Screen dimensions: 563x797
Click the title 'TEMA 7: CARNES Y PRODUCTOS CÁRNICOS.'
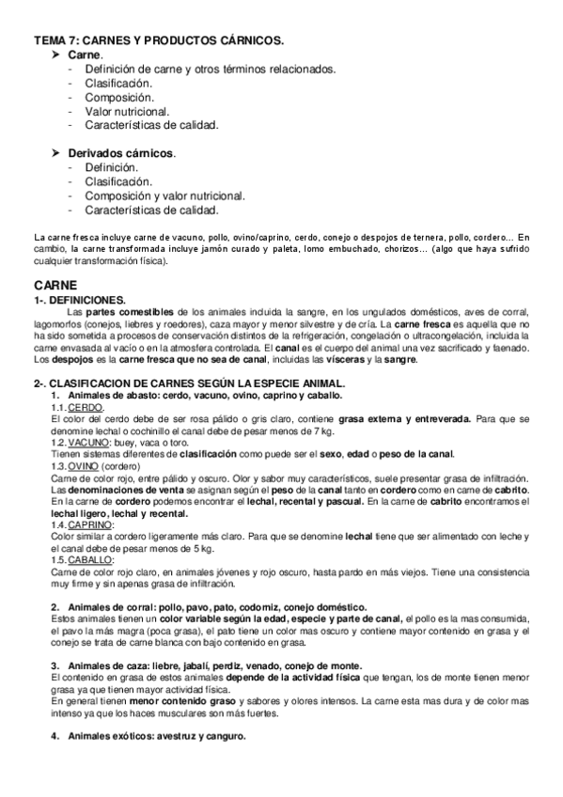click(159, 39)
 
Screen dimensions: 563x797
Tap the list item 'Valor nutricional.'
click(127, 111)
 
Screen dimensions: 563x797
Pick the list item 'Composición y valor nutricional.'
click(164, 195)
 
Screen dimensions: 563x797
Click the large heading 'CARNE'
click(55, 283)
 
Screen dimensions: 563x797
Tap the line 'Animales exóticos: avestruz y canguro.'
click(156, 736)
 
